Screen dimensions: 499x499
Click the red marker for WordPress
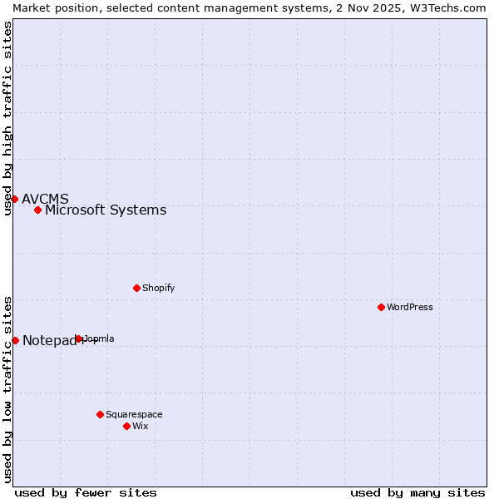[381, 307]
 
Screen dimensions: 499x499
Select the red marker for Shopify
[136, 288]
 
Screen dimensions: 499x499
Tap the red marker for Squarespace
[100, 414]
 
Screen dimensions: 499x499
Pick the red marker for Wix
[126, 426]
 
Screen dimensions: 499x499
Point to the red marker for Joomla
[79, 338]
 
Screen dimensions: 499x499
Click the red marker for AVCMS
[14, 199]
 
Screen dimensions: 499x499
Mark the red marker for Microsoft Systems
[37, 210]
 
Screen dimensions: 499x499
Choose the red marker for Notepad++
[15, 340]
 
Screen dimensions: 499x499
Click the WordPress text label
[410, 307]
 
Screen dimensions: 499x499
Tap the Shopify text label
[158, 288]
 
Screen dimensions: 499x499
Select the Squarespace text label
[134, 414]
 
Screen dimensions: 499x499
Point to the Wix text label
[140, 426]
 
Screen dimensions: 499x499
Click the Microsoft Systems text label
[106, 210]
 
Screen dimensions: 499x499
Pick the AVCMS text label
[45, 199]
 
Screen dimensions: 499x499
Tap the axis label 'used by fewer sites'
[86, 492]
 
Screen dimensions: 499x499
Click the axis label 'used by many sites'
[417, 492]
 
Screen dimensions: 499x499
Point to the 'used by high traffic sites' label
[7, 118]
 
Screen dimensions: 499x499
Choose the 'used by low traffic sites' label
[7, 389]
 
